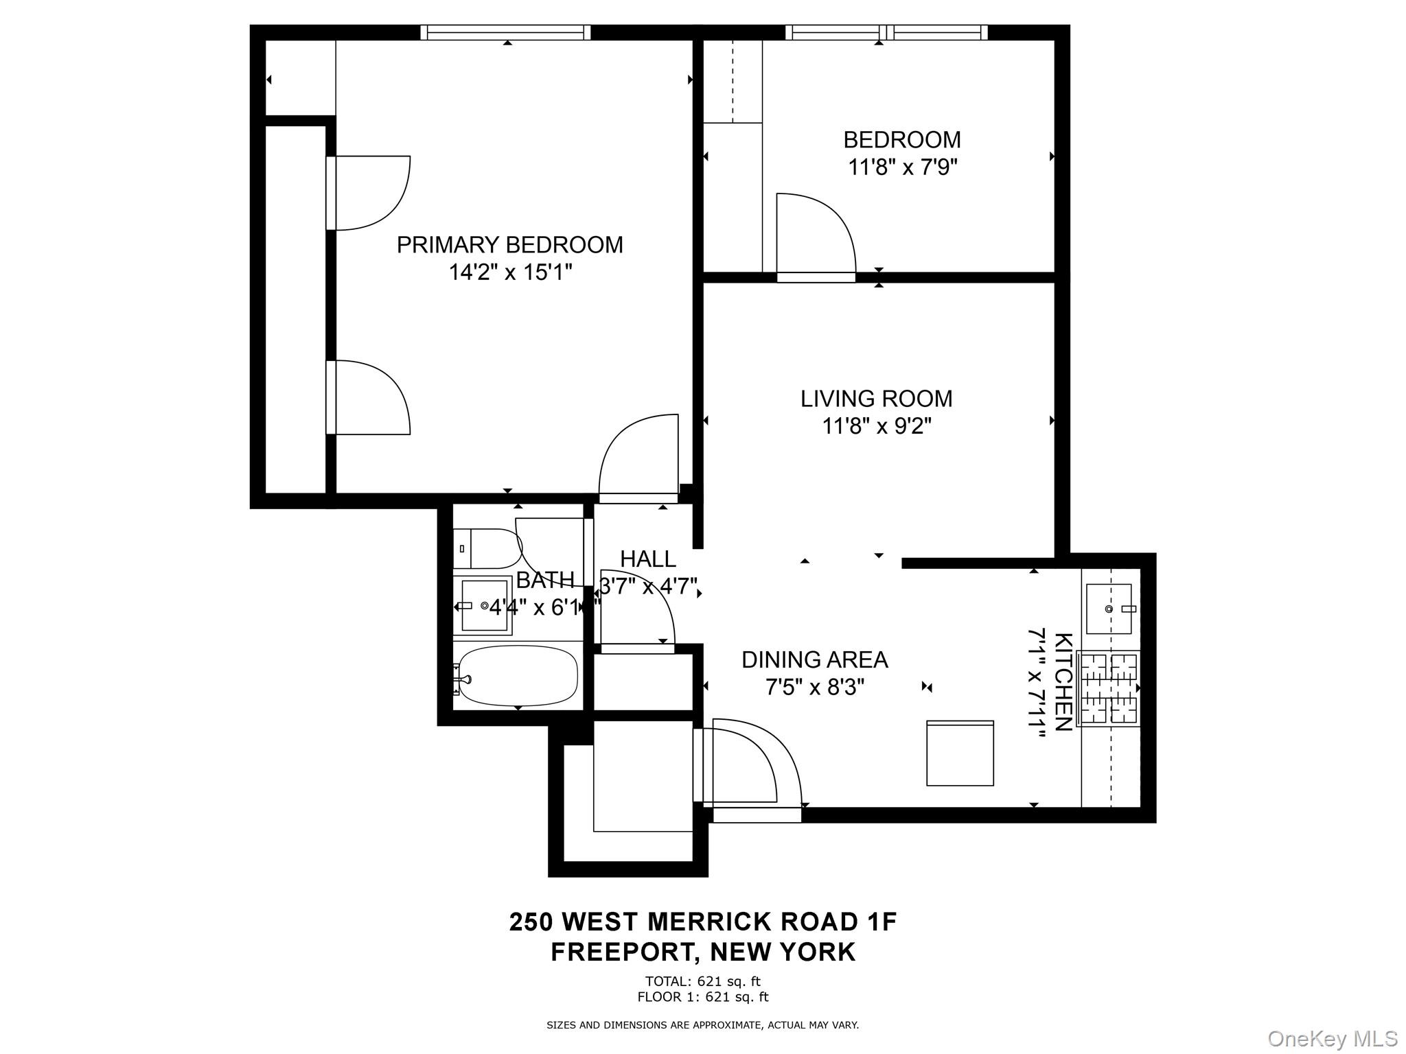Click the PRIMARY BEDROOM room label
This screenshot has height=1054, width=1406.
click(x=509, y=245)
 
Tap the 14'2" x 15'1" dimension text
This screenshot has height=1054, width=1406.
click(x=510, y=273)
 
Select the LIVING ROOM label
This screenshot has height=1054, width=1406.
click(x=876, y=399)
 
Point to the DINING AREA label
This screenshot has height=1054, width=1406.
click(x=815, y=660)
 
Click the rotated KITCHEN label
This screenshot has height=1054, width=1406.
click(x=1063, y=682)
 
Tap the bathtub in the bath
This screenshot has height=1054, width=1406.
click(x=518, y=675)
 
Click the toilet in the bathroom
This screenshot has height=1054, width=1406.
click(x=486, y=548)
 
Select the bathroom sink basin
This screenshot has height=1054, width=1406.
click(x=485, y=605)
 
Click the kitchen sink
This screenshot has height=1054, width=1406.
click(x=1108, y=609)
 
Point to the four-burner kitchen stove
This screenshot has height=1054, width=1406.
click(x=1108, y=688)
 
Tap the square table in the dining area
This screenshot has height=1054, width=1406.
click(x=960, y=753)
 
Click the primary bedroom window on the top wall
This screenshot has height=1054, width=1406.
click(x=505, y=32)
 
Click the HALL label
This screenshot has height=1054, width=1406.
click(x=648, y=559)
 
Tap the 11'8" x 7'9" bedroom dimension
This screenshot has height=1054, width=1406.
click(x=902, y=167)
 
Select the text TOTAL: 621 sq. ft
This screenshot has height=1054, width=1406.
click(x=702, y=981)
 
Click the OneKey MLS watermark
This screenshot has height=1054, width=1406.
click(x=1332, y=1038)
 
